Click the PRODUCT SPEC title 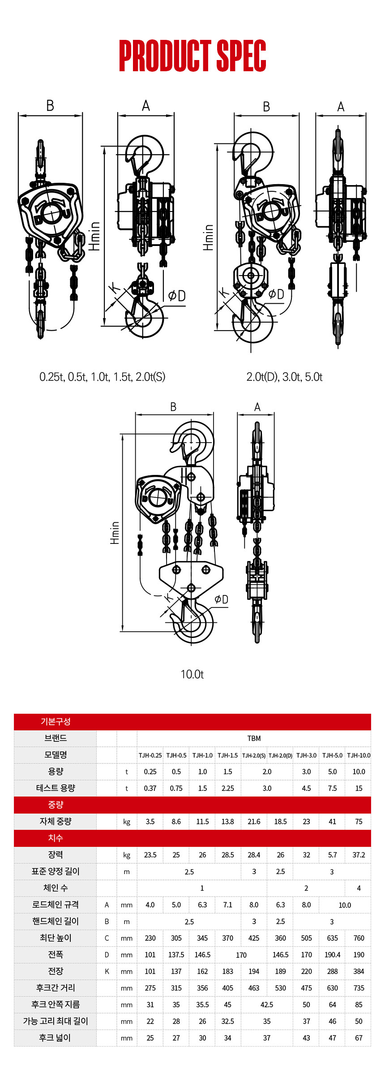[x=192, y=56]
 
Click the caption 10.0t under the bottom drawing [x=192, y=674]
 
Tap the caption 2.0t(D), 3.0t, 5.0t [x=284, y=377]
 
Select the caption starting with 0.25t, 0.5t [x=102, y=377]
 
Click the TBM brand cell [x=254, y=738]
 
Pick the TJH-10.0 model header [x=359, y=755]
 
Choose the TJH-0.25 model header [x=150, y=755]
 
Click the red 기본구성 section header [x=56, y=721]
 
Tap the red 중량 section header [x=56, y=805]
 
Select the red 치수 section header [x=56, y=838]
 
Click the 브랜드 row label [x=56, y=738]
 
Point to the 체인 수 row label [x=56, y=888]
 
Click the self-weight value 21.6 [x=254, y=822]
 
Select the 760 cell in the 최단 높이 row [x=359, y=938]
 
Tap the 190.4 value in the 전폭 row [x=332, y=955]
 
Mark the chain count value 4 [x=359, y=888]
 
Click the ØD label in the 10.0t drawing [x=221, y=599]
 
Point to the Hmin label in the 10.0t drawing [x=115, y=533]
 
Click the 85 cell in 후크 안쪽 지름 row [x=359, y=1004]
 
